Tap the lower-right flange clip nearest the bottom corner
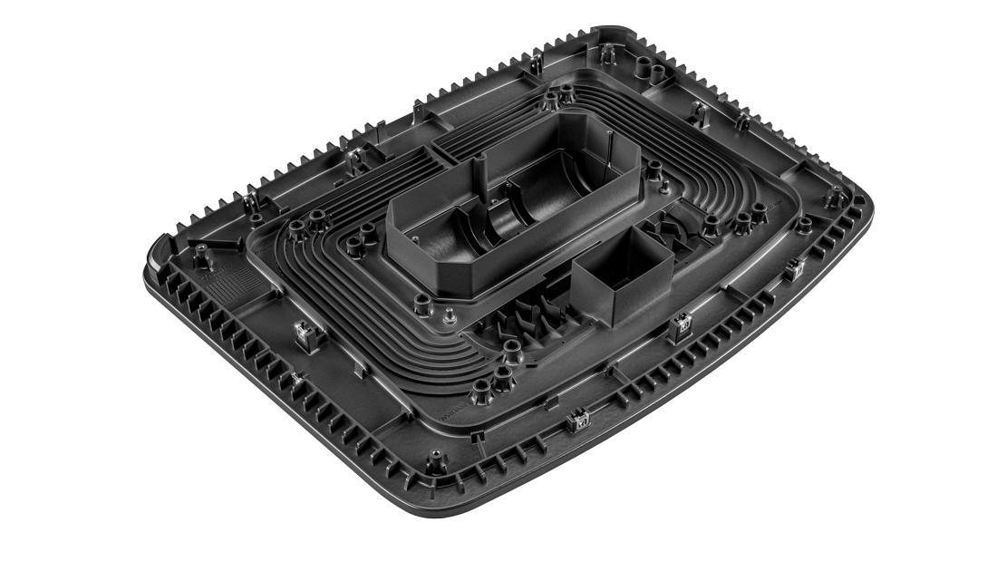[x=574, y=419]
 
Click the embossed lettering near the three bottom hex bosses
[x=453, y=408]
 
